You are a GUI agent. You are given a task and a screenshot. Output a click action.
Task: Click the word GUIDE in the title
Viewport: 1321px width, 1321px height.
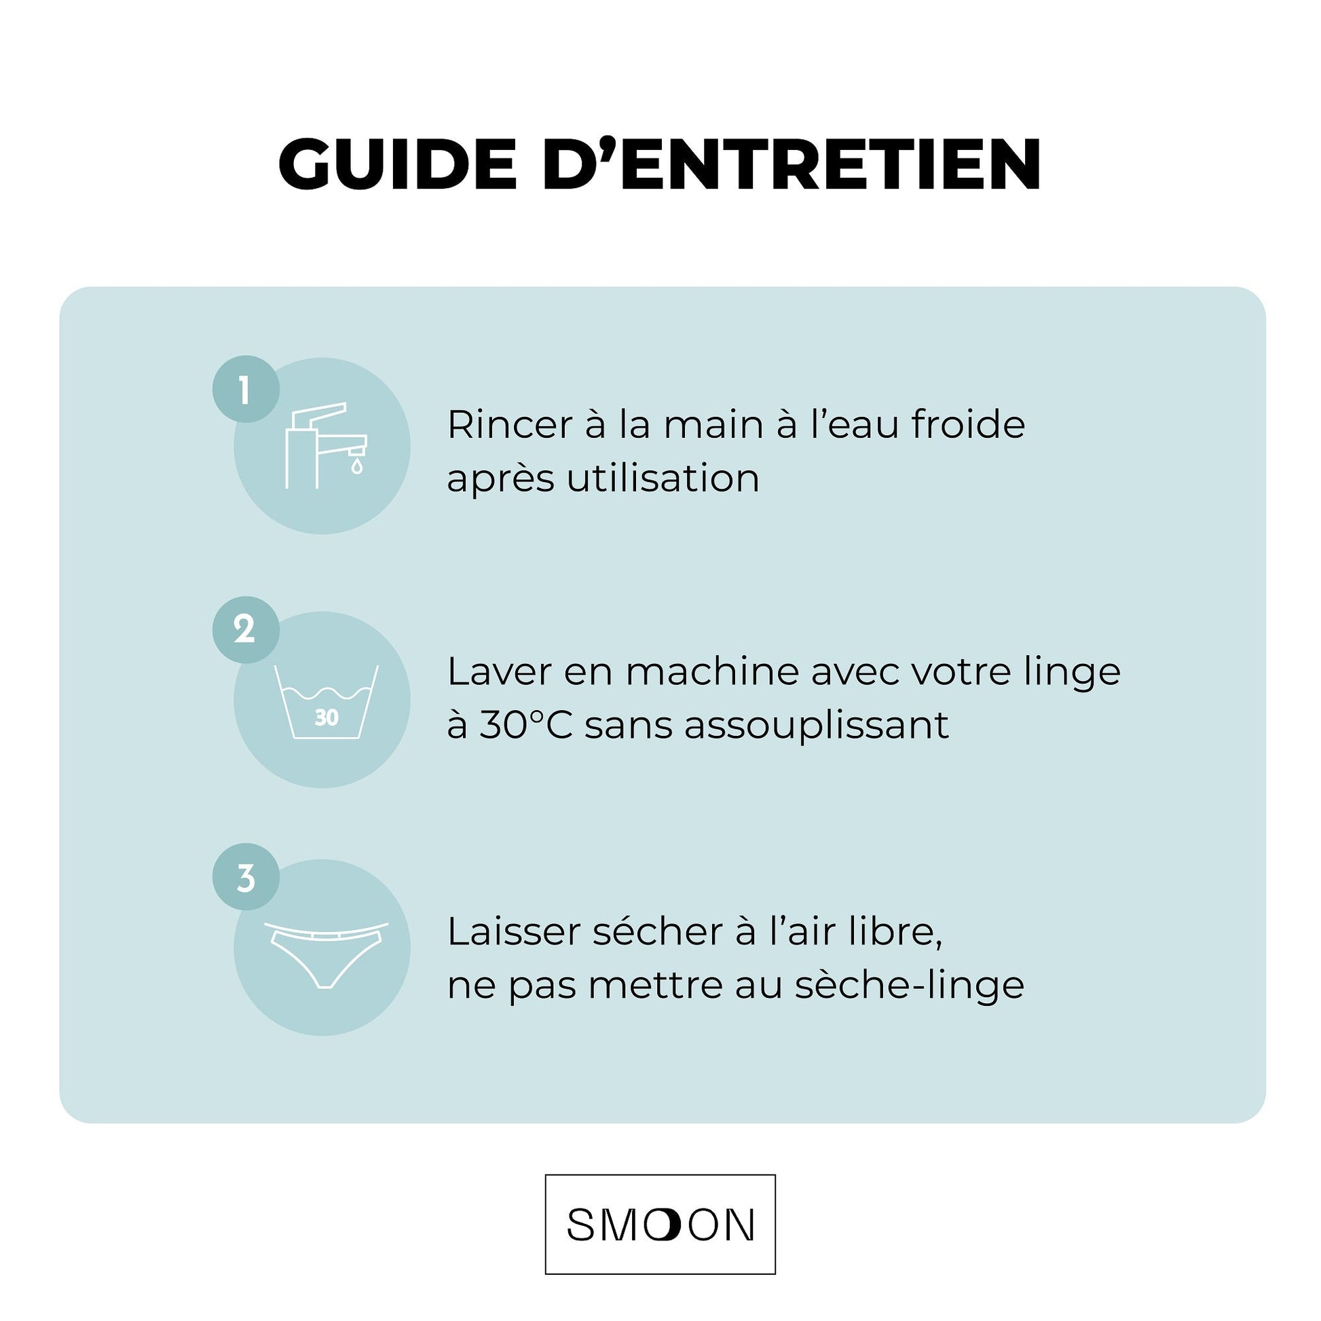(397, 164)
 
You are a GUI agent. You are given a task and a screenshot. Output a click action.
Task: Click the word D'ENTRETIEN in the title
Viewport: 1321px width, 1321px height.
(792, 164)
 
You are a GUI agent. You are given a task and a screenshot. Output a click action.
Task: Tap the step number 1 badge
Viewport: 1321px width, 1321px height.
(246, 389)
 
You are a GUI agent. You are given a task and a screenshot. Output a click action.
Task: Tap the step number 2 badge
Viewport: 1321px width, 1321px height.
(246, 630)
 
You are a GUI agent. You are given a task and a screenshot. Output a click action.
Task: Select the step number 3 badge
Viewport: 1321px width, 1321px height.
(246, 877)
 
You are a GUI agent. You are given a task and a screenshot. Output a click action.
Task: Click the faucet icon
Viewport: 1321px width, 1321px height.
(323, 445)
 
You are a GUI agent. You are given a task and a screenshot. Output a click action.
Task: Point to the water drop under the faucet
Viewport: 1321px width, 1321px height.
(356, 467)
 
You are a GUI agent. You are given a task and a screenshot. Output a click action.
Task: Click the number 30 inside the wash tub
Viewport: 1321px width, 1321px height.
(327, 718)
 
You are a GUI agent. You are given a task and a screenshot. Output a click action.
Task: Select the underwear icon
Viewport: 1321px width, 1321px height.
(325, 952)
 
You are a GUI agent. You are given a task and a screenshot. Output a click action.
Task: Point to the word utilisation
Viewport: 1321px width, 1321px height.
(663, 478)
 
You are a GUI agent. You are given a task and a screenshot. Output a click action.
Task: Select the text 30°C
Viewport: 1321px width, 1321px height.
(526, 725)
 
